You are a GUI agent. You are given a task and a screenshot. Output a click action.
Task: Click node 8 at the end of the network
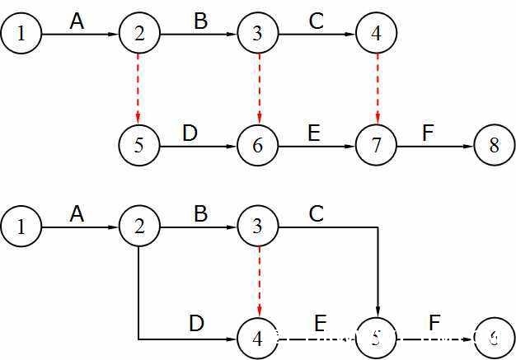click(x=494, y=146)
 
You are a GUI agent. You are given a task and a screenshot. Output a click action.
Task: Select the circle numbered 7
click(x=376, y=146)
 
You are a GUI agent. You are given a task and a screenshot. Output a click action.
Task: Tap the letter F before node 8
click(x=427, y=132)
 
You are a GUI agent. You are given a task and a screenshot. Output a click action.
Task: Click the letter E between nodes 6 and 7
click(x=313, y=132)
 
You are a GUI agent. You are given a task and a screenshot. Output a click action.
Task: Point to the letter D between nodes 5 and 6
click(x=190, y=132)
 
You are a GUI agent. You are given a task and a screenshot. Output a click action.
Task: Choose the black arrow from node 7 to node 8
click(x=435, y=146)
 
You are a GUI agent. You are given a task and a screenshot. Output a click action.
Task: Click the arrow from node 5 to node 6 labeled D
click(x=198, y=146)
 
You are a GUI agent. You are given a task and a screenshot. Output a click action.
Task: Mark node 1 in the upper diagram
click(x=20, y=34)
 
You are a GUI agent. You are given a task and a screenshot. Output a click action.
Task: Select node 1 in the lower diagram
click(x=20, y=225)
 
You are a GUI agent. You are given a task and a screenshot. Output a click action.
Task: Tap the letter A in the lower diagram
click(x=77, y=213)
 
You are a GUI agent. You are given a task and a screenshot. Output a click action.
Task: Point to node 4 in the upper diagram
click(x=376, y=34)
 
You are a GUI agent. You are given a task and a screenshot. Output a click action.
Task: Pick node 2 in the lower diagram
click(x=138, y=225)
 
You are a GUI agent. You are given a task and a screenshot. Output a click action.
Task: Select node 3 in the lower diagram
click(x=258, y=225)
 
